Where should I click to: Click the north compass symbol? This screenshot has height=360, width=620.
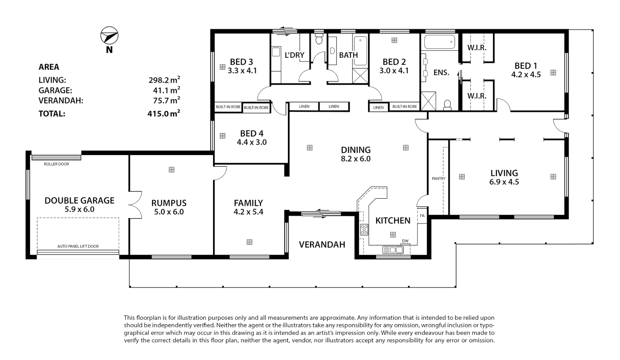coord(109,36)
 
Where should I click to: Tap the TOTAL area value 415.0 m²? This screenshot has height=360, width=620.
coord(164,113)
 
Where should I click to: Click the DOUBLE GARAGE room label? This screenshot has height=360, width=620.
coord(79,200)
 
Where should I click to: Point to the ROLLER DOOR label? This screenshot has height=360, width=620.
coord(56,164)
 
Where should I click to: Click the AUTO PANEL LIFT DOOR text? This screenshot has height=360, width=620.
coord(78,246)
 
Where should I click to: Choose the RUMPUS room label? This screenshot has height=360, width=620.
coord(169,203)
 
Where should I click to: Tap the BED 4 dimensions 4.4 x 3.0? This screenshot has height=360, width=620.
coord(252,142)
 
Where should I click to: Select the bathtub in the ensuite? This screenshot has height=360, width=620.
coord(439,43)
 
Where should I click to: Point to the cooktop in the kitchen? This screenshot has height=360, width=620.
coord(364,230)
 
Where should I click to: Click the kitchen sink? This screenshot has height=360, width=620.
coord(393,250)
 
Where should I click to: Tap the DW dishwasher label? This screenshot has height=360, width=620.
coord(405,241)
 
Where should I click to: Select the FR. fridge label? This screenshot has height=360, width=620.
coord(422,216)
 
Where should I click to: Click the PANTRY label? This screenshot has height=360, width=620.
coord(438,179)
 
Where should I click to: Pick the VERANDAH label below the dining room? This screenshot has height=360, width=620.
coord(322,245)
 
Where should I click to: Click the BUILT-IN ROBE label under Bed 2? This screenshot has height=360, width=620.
coord(405,107)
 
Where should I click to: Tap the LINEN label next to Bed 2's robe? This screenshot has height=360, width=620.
coord(378,107)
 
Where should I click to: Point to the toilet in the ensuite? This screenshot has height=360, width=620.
coord(447,105)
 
